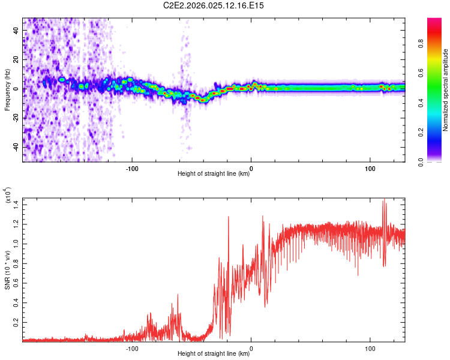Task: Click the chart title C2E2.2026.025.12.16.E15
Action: (x=214, y=5)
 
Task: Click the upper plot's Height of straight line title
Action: (x=214, y=174)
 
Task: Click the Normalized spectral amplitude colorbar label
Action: (x=446, y=90)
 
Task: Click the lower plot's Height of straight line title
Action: (x=214, y=354)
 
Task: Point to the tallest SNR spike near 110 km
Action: (x=384, y=201)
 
